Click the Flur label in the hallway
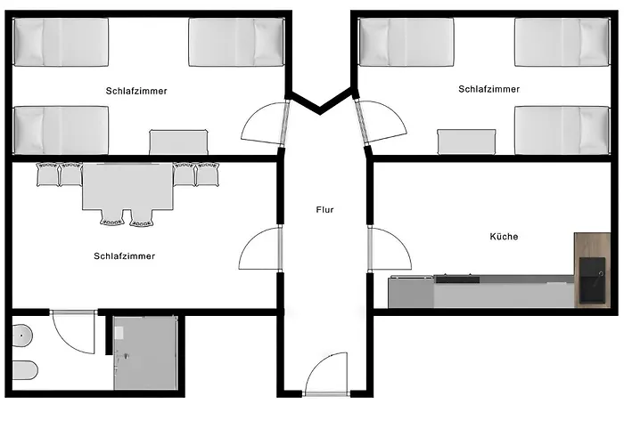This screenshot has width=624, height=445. tap(324, 210)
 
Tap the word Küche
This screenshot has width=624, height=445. tap(504, 237)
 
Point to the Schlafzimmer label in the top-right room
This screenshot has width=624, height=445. tap(489, 89)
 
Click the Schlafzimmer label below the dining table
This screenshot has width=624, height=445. tap(124, 256)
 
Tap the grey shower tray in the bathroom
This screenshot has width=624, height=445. tap(146, 352)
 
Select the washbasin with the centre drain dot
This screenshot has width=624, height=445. tap(22, 336)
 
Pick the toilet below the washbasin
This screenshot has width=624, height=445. tap(24, 369)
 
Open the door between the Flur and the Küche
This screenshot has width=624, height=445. tap(389, 249)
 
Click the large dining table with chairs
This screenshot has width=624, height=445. tap(127, 189)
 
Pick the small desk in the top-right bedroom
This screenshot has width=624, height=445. tap(466, 142)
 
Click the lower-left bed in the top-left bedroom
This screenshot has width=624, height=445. tap(62, 129)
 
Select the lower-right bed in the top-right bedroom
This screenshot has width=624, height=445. tap(562, 130)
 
